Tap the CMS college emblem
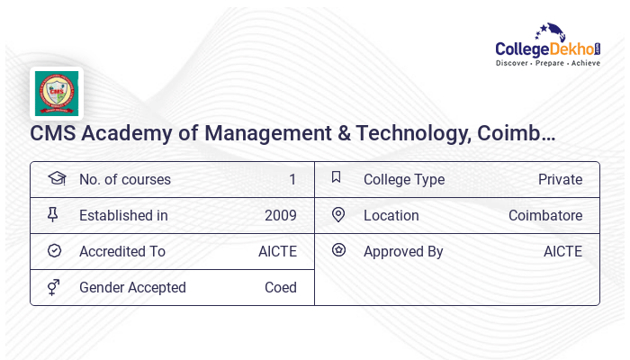[57, 94]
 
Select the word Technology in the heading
[410, 134]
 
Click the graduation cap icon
[56, 178]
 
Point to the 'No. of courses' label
[124, 179]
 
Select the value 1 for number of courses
[292, 179]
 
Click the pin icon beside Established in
[54, 215]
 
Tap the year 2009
[280, 215]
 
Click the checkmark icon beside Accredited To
[54, 251]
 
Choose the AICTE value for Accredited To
[277, 251]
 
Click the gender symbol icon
[54, 287]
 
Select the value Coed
[280, 287]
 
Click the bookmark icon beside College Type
[337, 178]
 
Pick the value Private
[560, 179]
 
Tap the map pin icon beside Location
[338, 215]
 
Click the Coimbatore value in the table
[545, 215]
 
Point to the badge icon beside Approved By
[338, 250]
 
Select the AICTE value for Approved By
[562, 251]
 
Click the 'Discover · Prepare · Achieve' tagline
[548, 64]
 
